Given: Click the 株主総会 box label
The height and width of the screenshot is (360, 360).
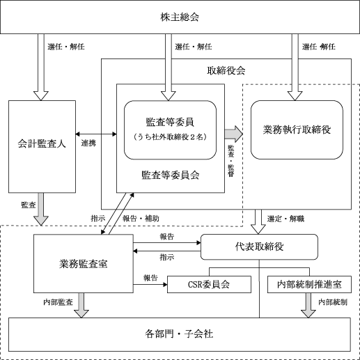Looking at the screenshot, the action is point(180,17).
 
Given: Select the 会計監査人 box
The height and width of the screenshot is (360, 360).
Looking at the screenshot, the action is point(42,146).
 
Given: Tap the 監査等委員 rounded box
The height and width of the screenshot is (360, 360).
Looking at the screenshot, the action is point(170,130).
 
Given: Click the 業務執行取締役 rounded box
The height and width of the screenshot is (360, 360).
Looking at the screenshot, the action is point(297,130).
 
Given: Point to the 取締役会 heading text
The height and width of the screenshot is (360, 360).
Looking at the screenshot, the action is point(226,71).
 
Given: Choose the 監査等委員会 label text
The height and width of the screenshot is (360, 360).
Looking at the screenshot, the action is point(171,175).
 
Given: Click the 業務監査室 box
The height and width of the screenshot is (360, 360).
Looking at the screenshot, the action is point(84,263).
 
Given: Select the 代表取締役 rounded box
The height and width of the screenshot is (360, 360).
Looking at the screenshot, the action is point(259,246).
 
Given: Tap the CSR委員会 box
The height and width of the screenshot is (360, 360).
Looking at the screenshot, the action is point(209,284).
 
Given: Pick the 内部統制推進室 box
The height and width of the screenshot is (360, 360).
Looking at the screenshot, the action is point(309,284).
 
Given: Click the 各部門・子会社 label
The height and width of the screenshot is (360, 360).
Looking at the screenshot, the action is point(179,334).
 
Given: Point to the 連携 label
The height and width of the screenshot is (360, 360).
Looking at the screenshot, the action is point(88,143).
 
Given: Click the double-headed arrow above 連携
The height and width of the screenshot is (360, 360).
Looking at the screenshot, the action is point(96,134).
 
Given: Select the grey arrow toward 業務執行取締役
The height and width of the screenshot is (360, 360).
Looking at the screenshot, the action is point(233,134).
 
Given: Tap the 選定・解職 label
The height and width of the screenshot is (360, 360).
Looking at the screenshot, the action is point(285,219).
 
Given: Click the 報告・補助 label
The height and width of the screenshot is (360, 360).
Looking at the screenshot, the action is point(141,219).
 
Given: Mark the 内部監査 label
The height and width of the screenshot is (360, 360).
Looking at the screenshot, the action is point(58,302).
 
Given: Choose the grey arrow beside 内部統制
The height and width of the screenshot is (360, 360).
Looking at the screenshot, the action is point(308,305).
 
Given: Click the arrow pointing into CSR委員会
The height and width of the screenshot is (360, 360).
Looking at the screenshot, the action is point(150,284).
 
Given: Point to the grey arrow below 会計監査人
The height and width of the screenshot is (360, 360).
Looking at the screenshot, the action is point(41,209).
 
